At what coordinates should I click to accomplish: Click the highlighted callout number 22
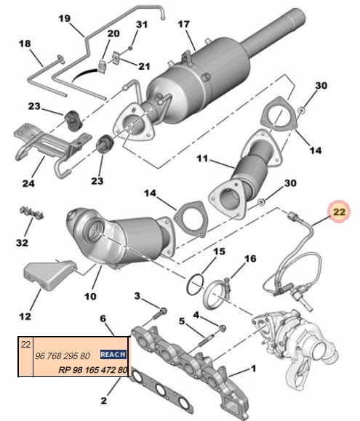pos(339,212)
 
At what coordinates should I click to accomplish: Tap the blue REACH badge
pos(113,354)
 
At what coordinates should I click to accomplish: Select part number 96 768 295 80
pos(63,356)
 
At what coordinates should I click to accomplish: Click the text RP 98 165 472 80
pos(92,370)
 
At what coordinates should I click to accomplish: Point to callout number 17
pos(183,25)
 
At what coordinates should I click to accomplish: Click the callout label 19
pos(65,18)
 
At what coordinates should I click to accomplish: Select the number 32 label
pos(22,243)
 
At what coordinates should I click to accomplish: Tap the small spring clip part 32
pos(32,212)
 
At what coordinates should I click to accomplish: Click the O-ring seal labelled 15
pos(195,284)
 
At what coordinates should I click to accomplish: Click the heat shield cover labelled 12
pos(49,276)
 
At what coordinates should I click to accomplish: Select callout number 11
pos(202,159)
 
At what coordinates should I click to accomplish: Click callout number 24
pos(28,183)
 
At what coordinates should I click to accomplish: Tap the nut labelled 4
pos(222,328)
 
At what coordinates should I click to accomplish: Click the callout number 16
pos(250,259)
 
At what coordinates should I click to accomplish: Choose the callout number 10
pos(90,296)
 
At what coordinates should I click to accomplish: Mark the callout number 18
pos(25,44)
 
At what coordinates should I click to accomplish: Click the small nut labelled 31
pos(130,48)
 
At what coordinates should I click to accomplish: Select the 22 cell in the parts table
pos(25,344)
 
